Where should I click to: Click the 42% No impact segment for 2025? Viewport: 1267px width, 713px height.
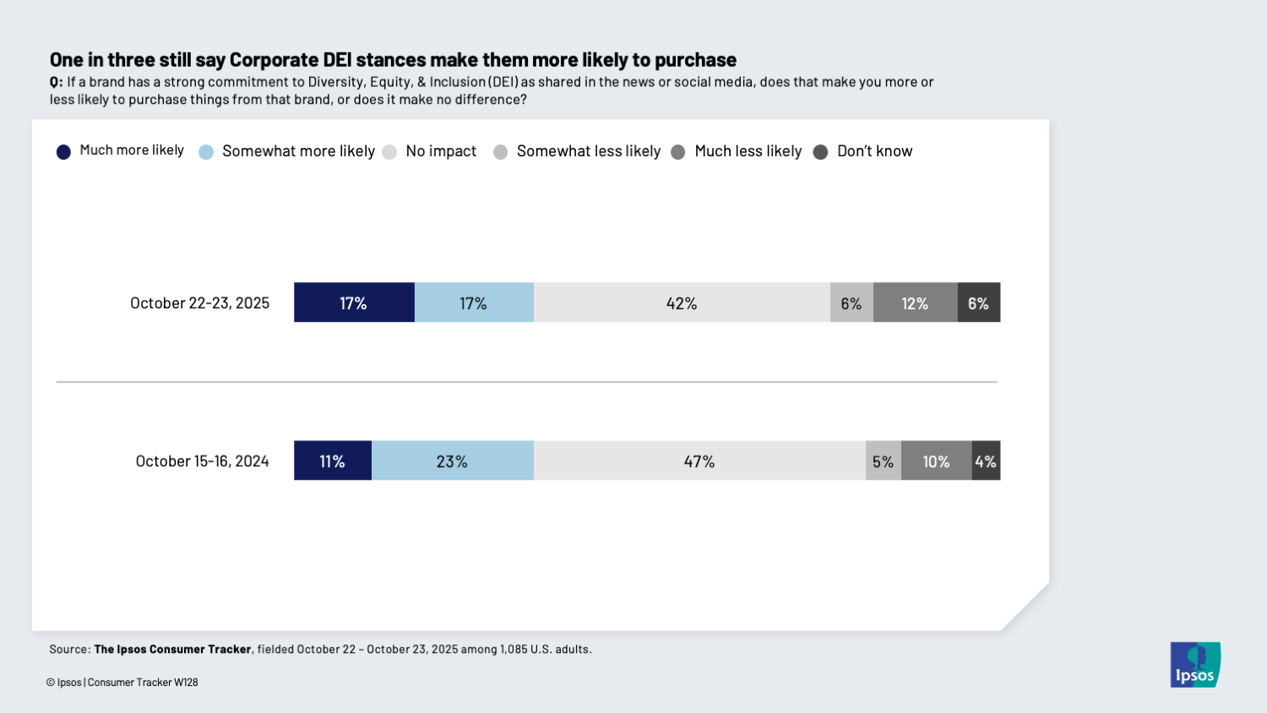tap(682, 302)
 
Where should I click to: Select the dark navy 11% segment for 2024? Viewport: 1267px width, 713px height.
tap(332, 460)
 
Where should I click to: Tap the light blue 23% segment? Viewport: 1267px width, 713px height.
tap(452, 460)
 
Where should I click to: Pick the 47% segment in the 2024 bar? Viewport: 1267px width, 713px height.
tap(699, 460)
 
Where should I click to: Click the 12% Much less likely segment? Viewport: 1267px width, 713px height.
tap(915, 302)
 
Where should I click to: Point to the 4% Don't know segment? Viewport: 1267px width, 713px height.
tap(986, 460)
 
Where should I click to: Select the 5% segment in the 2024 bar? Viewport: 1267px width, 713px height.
tap(883, 460)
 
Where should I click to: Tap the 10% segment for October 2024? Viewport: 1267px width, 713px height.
tap(936, 460)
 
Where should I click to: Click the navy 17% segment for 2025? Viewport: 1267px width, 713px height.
tap(353, 302)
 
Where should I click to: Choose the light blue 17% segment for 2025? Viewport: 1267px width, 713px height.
tap(473, 302)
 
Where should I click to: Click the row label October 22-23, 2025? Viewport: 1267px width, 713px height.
tap(199, 302)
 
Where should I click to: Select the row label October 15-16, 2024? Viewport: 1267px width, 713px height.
tap(202, 460)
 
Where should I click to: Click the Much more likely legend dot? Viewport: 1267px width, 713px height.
tap(63, 152)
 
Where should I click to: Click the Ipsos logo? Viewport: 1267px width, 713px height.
tap(1194, 665)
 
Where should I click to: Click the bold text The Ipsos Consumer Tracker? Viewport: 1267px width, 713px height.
tap(172, 650)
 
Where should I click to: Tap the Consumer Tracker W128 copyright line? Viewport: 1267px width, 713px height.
tap(122, 683)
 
